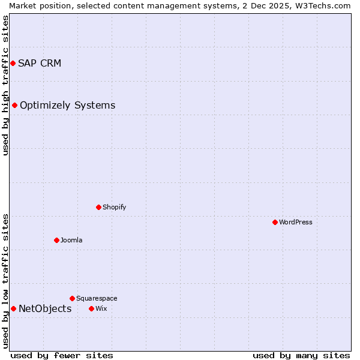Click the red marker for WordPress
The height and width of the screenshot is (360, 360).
(275, 222)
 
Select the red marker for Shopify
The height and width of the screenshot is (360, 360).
(98, 207)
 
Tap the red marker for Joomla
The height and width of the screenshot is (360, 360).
(56, 240)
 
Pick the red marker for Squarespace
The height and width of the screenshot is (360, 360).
(72, 298)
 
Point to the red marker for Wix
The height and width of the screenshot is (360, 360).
(91, 308)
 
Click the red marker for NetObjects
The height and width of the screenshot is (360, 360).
(13, 308)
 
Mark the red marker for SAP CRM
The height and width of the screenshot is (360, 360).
(13, 63)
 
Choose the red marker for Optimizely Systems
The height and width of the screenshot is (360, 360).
(14, 105)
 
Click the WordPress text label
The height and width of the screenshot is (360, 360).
(296, 222)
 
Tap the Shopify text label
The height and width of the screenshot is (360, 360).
(114, 207)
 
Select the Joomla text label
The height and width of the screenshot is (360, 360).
(71, 240)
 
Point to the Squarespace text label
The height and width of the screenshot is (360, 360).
(97, 298)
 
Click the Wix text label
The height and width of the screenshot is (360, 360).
(101, 308)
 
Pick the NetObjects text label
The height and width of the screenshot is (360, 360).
(45, 309)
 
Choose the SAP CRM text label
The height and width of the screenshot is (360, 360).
(40, 64)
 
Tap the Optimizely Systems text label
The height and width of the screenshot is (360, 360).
(67, 106)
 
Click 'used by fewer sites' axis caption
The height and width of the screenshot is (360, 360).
(62, 355)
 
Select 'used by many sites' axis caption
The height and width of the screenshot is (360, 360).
(301, 355)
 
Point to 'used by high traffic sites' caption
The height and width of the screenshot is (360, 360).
(5, 85)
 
